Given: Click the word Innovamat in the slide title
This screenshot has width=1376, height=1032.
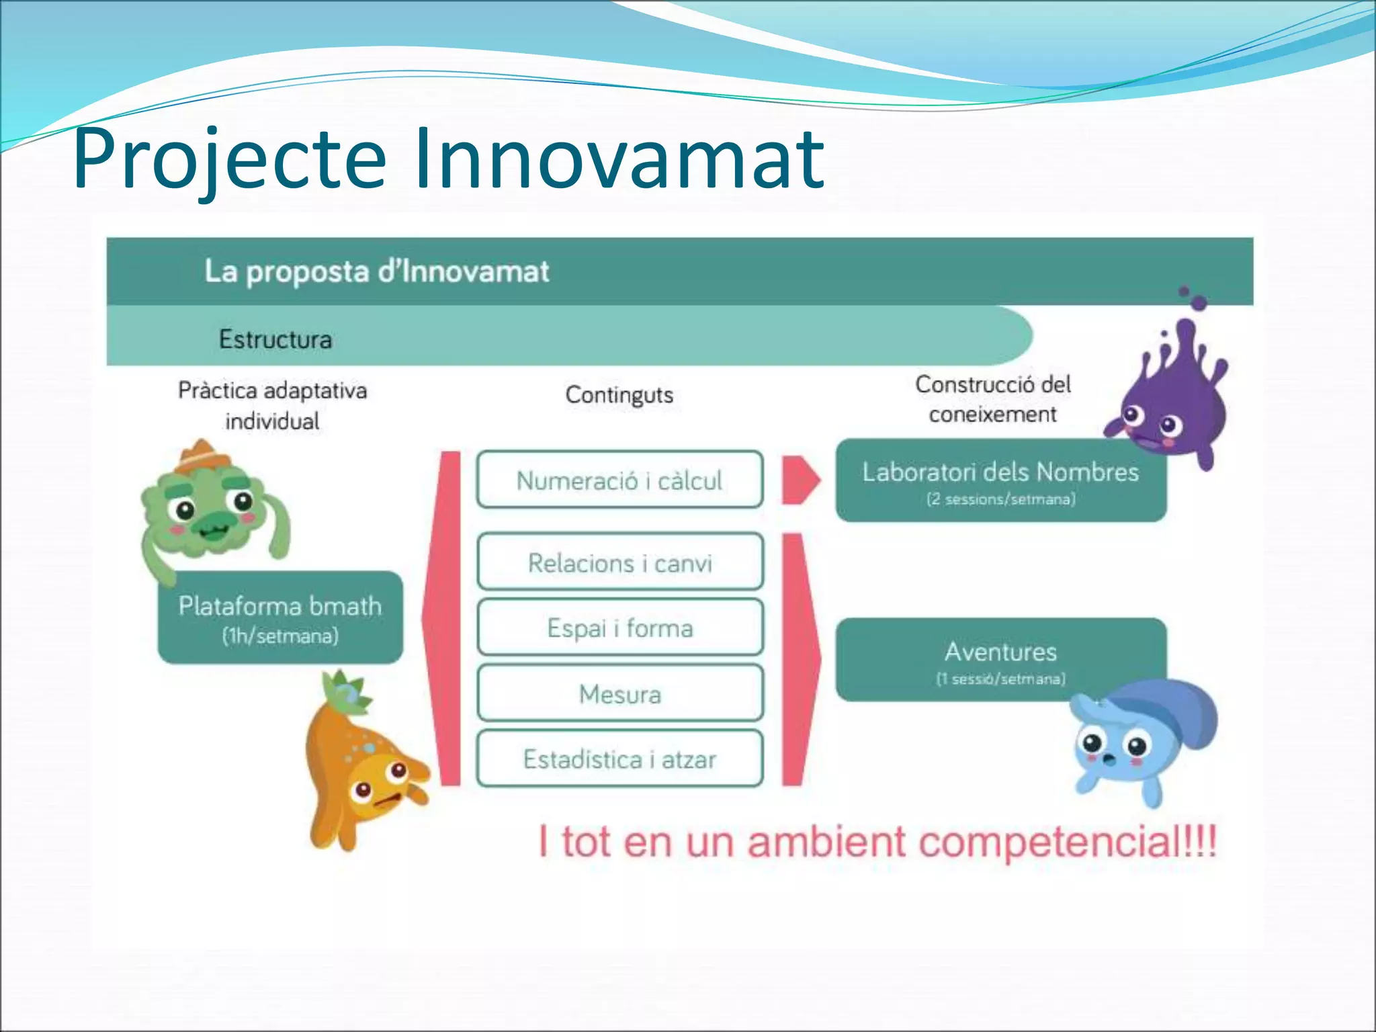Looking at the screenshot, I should click(618, 160).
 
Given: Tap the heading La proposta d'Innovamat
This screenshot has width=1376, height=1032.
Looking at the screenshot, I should click(376, 271).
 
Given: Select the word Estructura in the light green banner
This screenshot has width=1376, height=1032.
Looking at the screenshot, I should click(275, 339).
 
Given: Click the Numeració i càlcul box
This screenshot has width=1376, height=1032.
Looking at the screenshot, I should click(619, 480).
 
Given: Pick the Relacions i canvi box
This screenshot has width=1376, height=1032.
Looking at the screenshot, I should click(619, 562).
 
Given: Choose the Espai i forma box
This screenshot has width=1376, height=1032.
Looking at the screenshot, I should click(619, 628).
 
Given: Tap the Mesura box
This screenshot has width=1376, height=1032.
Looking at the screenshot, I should click(619, 693).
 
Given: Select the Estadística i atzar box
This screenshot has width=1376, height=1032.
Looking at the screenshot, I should click(619, 759).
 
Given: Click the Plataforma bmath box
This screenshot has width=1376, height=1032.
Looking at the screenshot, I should click(280, 617).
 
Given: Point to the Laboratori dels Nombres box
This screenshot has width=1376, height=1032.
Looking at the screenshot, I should click(1000, 480).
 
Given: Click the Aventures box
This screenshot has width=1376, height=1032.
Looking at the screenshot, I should click(1000, 659).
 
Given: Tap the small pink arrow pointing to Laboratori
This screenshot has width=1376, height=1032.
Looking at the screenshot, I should click(800, 480).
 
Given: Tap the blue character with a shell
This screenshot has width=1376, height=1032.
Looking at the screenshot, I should click(1135, 739).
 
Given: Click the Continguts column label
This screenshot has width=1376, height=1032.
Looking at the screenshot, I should click(619, 394).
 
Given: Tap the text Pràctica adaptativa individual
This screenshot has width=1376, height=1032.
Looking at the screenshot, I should click(272, 405).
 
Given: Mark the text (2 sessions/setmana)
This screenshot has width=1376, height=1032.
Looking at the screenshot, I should click(1000, 499).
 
